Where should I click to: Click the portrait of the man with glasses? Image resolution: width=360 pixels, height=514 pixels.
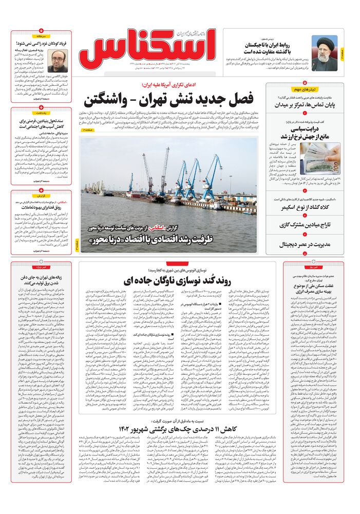(x=58, y=61)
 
